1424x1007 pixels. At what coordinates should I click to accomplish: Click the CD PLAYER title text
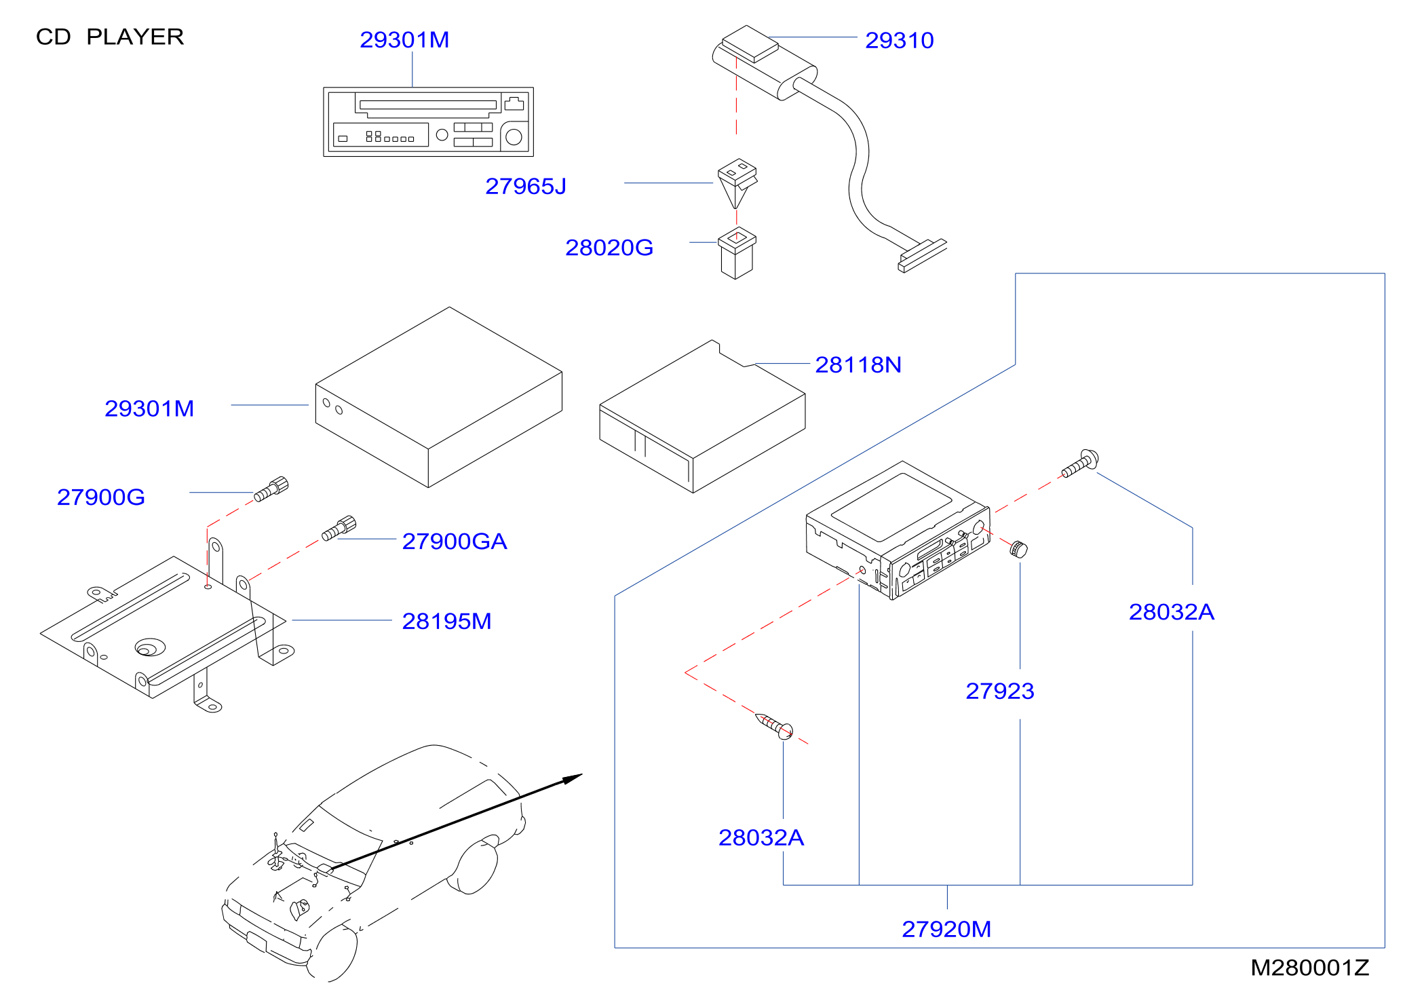110,37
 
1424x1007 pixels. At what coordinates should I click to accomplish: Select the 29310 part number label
900,41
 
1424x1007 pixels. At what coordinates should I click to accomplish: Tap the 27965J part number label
526,186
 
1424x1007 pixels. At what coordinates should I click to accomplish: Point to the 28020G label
609,248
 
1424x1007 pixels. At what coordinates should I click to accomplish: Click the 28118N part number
858,365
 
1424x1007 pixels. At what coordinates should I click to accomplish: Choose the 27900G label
101,497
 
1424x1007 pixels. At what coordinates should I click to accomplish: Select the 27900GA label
455,541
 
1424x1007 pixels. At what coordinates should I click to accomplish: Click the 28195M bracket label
446,621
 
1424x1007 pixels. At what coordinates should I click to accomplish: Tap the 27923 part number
1000,691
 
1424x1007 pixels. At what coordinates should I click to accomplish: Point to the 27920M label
946,929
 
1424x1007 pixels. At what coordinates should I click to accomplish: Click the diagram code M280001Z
1310,968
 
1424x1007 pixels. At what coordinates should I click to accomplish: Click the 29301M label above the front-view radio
404,40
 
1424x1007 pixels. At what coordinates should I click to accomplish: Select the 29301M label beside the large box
149,408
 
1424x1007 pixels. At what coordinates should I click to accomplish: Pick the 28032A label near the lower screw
761,838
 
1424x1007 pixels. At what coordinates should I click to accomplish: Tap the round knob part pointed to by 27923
1018,548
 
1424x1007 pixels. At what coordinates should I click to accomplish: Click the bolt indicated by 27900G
271,489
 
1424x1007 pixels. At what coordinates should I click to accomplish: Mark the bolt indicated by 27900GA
339,528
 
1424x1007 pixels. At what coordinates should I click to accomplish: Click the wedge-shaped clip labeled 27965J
737,182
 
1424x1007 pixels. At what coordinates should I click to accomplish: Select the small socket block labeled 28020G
737,252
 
